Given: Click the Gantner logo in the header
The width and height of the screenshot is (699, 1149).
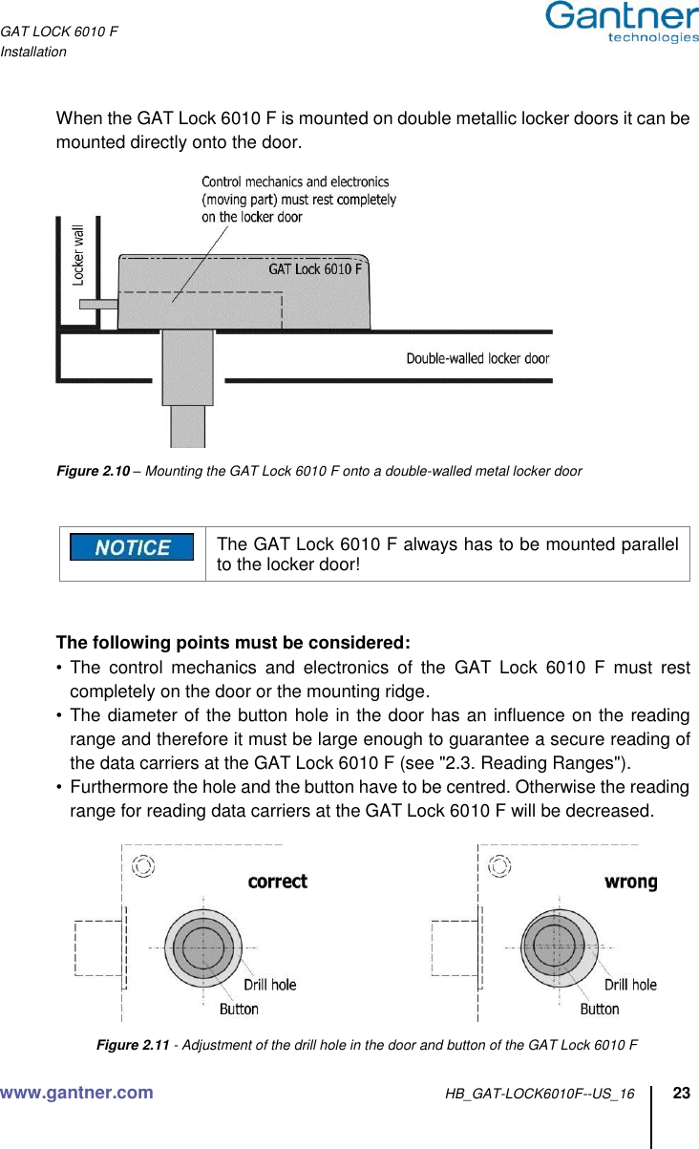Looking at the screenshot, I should pos(622,22).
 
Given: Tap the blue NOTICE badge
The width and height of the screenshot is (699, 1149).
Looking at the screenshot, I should pos(132,547).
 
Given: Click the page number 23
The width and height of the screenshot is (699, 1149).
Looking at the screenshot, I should pos(682,1093).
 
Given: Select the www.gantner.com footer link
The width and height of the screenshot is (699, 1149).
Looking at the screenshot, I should pos(77,1093).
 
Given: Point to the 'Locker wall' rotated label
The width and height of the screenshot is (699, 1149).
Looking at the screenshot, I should pos(78,255).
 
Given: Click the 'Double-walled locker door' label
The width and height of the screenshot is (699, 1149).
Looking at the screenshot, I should pos(477,359).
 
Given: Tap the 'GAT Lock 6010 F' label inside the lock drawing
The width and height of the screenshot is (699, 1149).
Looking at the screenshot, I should pos(315,269).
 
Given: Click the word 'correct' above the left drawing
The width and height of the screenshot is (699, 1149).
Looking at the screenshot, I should pos(277,882).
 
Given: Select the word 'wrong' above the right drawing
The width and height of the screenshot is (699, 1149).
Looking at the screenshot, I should pos(630,882).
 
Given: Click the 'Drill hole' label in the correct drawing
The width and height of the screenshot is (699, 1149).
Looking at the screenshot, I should pos(269,984).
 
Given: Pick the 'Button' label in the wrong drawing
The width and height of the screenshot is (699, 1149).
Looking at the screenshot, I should pos(600,1009).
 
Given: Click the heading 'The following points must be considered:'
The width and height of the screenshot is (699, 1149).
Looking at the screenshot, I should pos(234,640).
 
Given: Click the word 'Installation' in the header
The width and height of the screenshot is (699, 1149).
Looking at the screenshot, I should pos(33,52).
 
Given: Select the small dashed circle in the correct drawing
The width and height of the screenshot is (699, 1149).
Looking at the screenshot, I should pos(142,866).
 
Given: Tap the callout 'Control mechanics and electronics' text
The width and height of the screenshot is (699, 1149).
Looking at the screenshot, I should pos(295,181).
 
